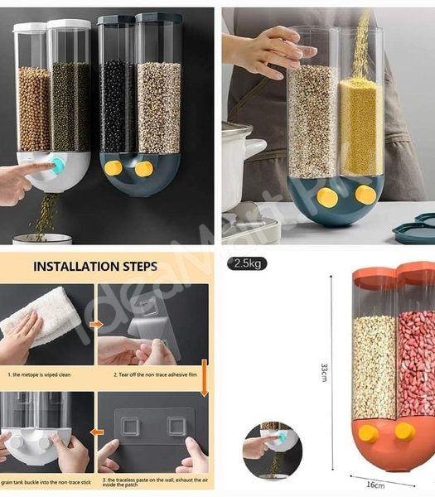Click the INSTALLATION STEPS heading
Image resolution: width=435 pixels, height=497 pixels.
(x=108, y=267)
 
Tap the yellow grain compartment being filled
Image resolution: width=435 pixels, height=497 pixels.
(x=360, y=124)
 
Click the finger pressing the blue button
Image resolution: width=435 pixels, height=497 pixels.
(x=33, y=170)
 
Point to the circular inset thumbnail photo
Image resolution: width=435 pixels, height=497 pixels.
(x=272, y=451)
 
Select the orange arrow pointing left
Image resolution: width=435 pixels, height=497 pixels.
(x=97, y=432)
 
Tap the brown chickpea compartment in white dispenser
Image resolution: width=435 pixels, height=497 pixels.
(x=33, y=108)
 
